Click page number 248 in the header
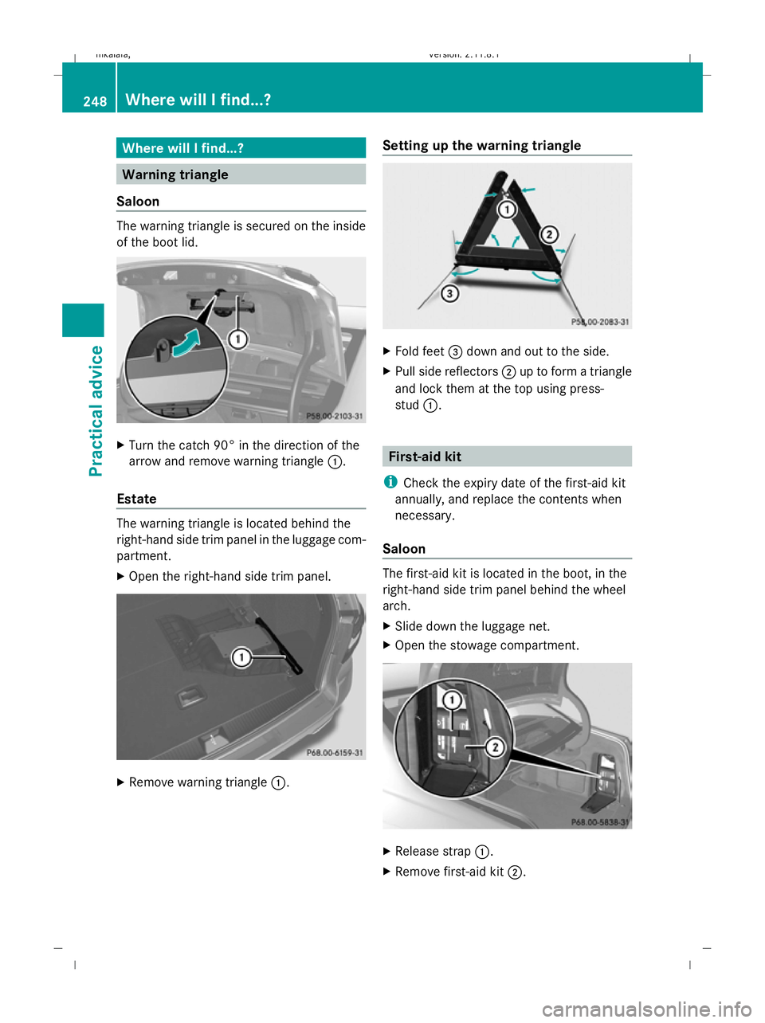point(94,101)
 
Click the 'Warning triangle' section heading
point(175,174)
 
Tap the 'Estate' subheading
point(136,499)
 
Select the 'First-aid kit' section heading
point(425,457)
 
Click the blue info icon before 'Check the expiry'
point(390,482)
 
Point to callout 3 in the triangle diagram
point(450,294)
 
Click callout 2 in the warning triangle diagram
point(549,234)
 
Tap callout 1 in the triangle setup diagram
point(506,210)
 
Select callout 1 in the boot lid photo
point(237,339)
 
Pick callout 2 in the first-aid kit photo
point(495,747)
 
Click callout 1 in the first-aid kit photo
point(452,700)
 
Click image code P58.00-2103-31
point(335,416)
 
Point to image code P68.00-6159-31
point(335,753)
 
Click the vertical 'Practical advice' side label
point(96,410)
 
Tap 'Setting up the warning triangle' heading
point(481,145)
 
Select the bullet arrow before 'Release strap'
point(387,851)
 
